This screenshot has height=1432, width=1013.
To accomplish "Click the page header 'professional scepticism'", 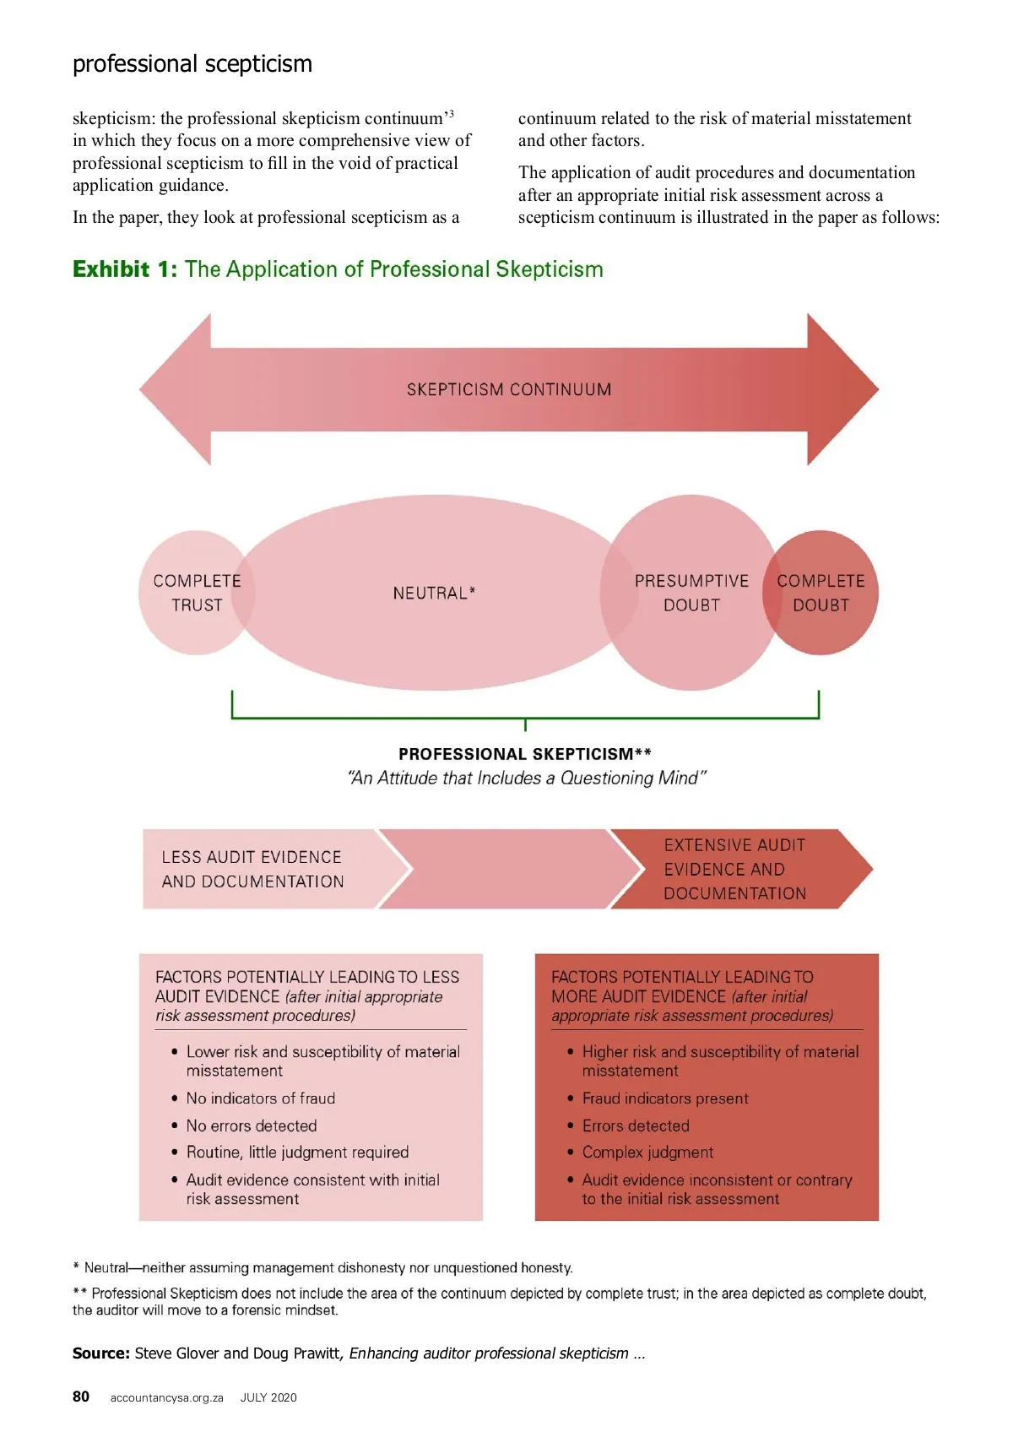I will pos(192,64).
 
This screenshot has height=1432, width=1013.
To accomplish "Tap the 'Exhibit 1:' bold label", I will pos(125,269).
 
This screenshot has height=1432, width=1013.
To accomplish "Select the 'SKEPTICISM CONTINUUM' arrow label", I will pos(509,389).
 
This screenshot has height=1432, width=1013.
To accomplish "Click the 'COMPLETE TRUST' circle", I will pos(196,593).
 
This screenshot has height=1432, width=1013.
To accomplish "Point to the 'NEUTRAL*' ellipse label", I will pos(434,593).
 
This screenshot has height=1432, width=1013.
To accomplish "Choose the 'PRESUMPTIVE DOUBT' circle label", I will pos(691,593).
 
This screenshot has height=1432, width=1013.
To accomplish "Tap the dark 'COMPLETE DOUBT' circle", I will pos(821,593).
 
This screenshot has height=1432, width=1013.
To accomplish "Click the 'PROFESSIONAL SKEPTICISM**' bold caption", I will pos(525,754).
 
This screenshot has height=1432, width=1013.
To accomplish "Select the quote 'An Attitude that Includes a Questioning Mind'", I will pos(527,778).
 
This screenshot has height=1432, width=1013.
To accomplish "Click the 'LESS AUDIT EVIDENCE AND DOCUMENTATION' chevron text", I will pos(252,869).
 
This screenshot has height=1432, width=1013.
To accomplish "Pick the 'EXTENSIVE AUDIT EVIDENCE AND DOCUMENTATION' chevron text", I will pos(734,869).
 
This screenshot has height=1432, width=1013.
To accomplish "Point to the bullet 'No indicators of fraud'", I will pos(260,1098).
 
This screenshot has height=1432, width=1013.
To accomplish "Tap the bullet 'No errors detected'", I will pos(252,1126).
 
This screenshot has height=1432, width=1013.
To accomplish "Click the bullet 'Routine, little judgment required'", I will pos(297,1153).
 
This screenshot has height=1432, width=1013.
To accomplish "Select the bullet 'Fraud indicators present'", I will pos(665,1098).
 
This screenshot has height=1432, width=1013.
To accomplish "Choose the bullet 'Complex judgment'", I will pos(647,1153).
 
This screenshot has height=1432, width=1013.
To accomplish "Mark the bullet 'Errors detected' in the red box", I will pos(636,1126).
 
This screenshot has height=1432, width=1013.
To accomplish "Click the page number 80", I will pos(81,1397).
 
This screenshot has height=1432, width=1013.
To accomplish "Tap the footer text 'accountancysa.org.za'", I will pos(166,1397).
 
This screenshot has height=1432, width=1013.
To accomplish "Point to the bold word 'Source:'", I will pos(101,1353).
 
